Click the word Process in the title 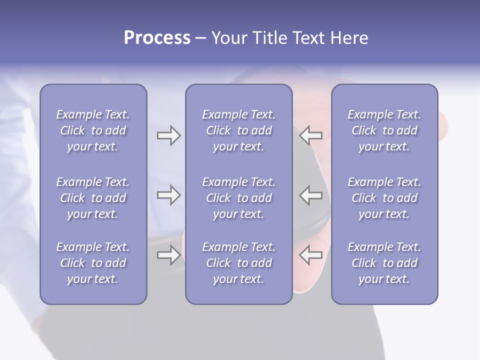pos(157,38)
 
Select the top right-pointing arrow pos(168,135)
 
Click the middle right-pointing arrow pos(168,195)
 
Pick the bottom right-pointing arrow pos(168,255)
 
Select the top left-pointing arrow pos(311,135)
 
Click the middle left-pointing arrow pos(311,195)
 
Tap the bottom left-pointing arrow pos(311,255)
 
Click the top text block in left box pos(93,130)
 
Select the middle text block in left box pos(93,198)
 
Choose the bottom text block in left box pos(93,263)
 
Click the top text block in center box pos(239,130)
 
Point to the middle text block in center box pos(239,198)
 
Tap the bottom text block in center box pos(239,263)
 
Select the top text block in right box pos(384,130)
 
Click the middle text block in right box pos(384,198)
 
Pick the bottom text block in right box pos(384,263)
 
